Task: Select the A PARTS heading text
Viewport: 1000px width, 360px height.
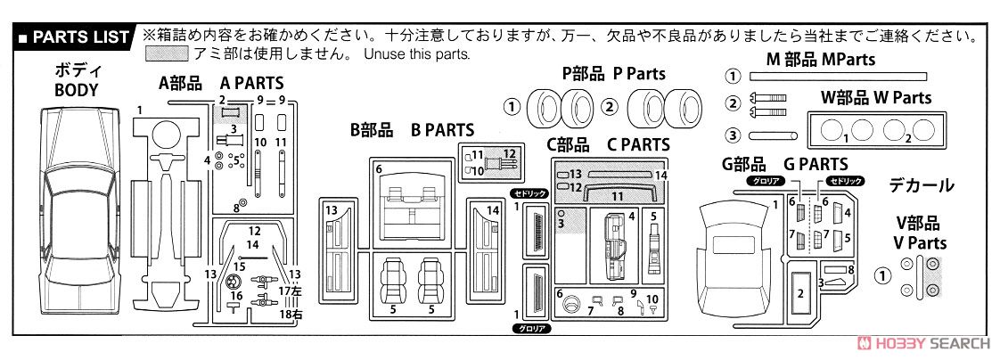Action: click(x=252, y=84)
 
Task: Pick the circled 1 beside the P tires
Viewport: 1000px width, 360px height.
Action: click(x=512, y=106)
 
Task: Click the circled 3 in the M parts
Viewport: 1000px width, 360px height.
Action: click(x=734, y=135)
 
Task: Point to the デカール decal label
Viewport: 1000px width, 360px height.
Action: click(x=922, y=185)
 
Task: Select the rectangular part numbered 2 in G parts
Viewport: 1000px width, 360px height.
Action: click(x=800, y=291)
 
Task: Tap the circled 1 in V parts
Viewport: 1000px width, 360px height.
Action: click(x=882, y=275)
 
